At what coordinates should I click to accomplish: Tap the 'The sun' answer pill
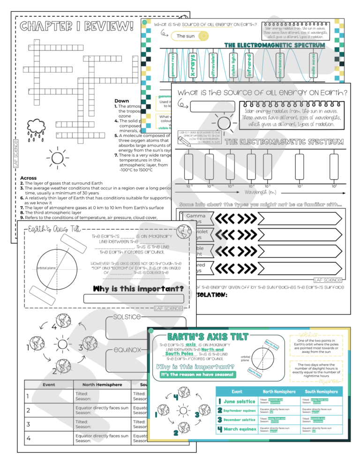coord(186,36)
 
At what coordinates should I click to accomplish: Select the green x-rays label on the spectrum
coord(192,66)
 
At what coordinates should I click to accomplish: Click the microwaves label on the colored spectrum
coord(280,66)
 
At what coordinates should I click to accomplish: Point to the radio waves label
coord(313,66)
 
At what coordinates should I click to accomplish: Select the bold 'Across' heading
coord(29,178)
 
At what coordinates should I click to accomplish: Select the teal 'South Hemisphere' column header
coord(322,391)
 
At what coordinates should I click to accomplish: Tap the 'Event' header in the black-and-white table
coord(49,384)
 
